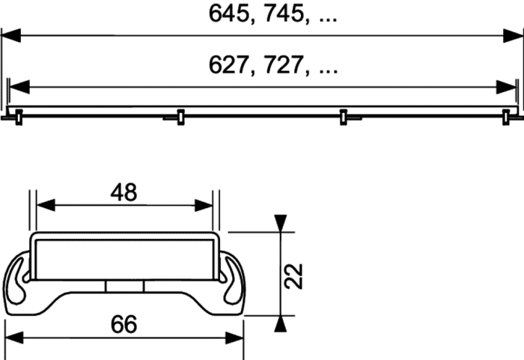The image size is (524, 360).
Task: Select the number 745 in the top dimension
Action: pos(284,13)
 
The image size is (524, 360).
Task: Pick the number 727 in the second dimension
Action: pos(284,65)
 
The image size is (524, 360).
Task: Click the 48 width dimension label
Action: pos(124,192)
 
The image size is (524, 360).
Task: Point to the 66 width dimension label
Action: pos(124,324)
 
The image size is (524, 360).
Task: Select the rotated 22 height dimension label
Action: pos(294,276)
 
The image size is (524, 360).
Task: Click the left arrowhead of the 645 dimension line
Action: pos(11,35)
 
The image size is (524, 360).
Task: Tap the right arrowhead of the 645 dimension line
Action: pos(513,35)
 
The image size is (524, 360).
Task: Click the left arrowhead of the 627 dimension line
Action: pos(19,87)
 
